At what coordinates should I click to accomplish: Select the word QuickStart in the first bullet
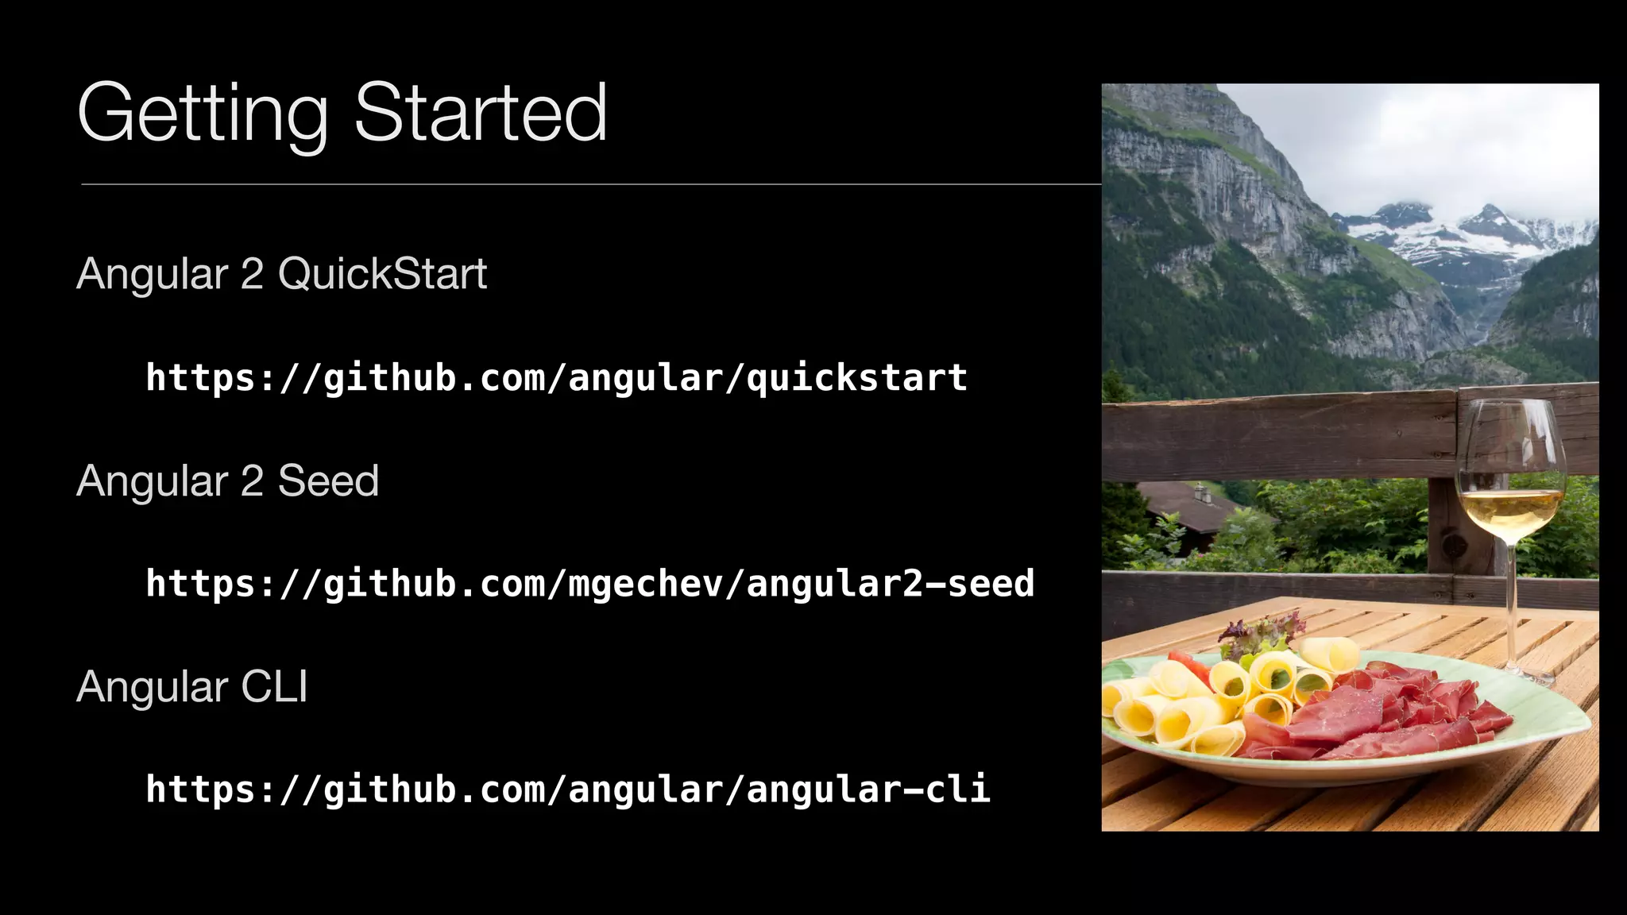[382, 274]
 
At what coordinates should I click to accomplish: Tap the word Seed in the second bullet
[328, 481]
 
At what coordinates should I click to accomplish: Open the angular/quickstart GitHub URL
[556, 377]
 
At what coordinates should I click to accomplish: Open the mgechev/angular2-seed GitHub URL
[589, 584]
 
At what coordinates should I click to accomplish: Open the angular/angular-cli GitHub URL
[567, 790]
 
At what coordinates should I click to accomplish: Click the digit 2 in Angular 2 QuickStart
[252, 274]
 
